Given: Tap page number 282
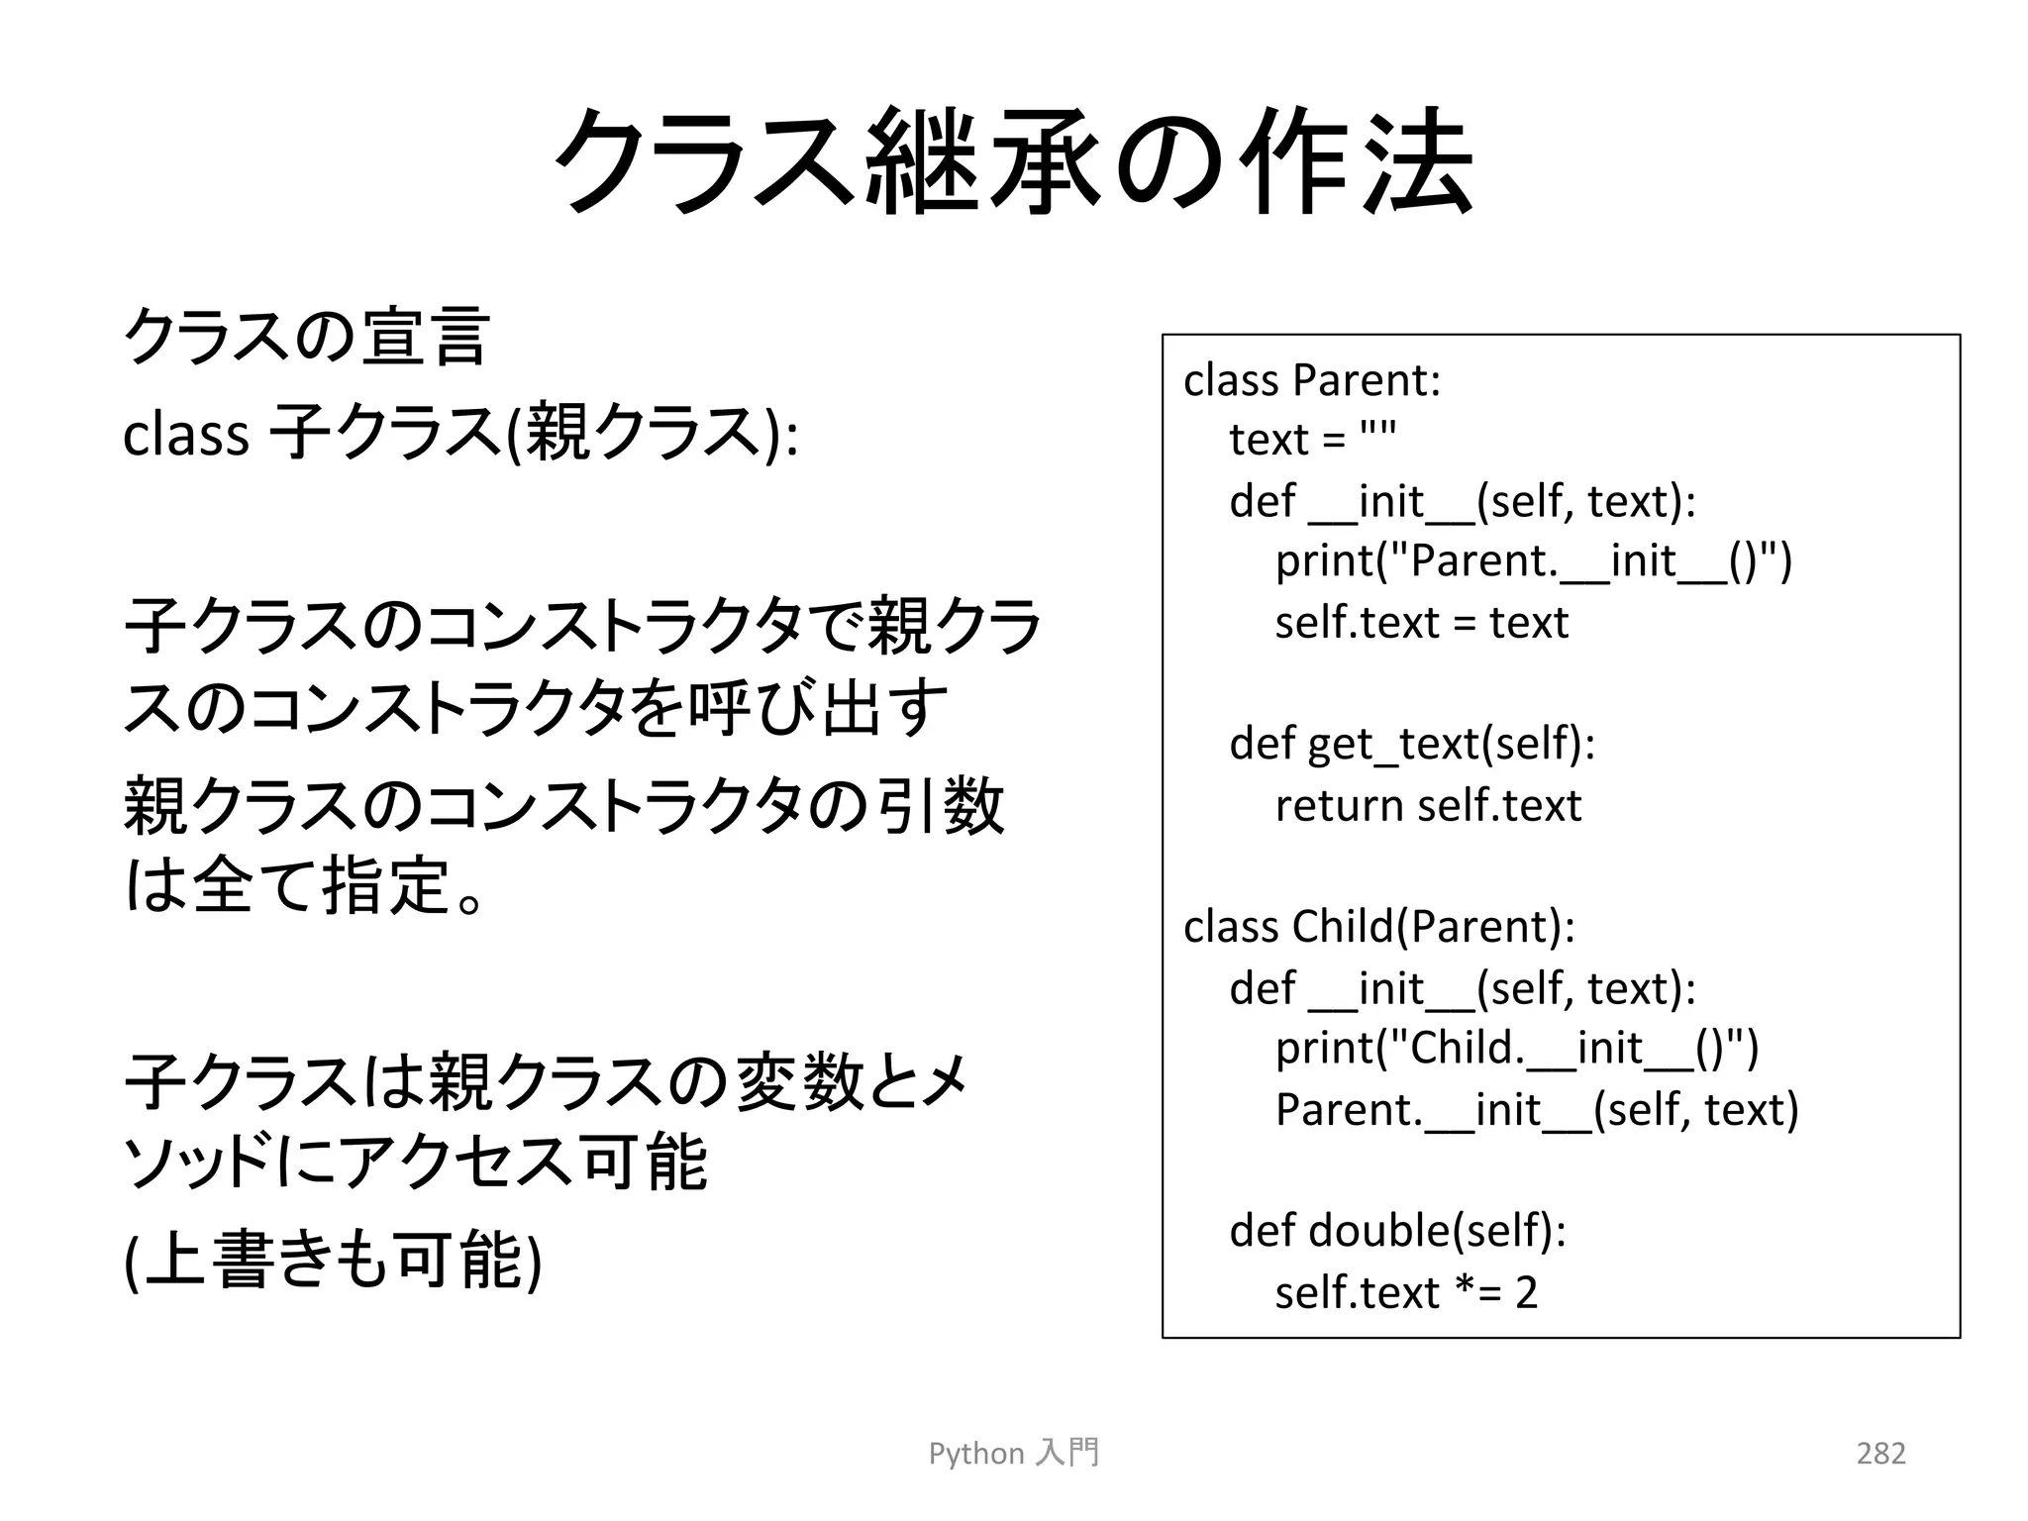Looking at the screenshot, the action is (x=1880, y=1453).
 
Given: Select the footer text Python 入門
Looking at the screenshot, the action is (x=1014, y=1453).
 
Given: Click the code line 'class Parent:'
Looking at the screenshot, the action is (x=1312, y=380).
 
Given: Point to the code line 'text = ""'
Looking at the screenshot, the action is (x=1312, y=440).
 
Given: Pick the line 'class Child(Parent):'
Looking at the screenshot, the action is (x=1378, y=927).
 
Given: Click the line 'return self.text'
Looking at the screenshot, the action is (x=1428, y=805).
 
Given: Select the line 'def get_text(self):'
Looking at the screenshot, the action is (x=1412, y=744).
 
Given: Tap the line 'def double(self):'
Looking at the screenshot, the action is (x=1397, y=1231).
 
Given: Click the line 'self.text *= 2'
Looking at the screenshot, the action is (x=1406, y=1292).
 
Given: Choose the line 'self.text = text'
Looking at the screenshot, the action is (x=1422, y=623).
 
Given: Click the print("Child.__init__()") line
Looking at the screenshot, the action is (x=1517, y=1048).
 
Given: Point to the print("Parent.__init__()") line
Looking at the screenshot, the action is (x=1533, y=561).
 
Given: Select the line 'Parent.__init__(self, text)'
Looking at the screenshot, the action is (x=1537, y=1109).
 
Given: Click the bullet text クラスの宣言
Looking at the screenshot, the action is (x=306, y=337).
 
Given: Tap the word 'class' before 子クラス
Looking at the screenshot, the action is (x=185, y=435).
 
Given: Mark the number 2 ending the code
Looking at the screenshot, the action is (x=1526, y=1293).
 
